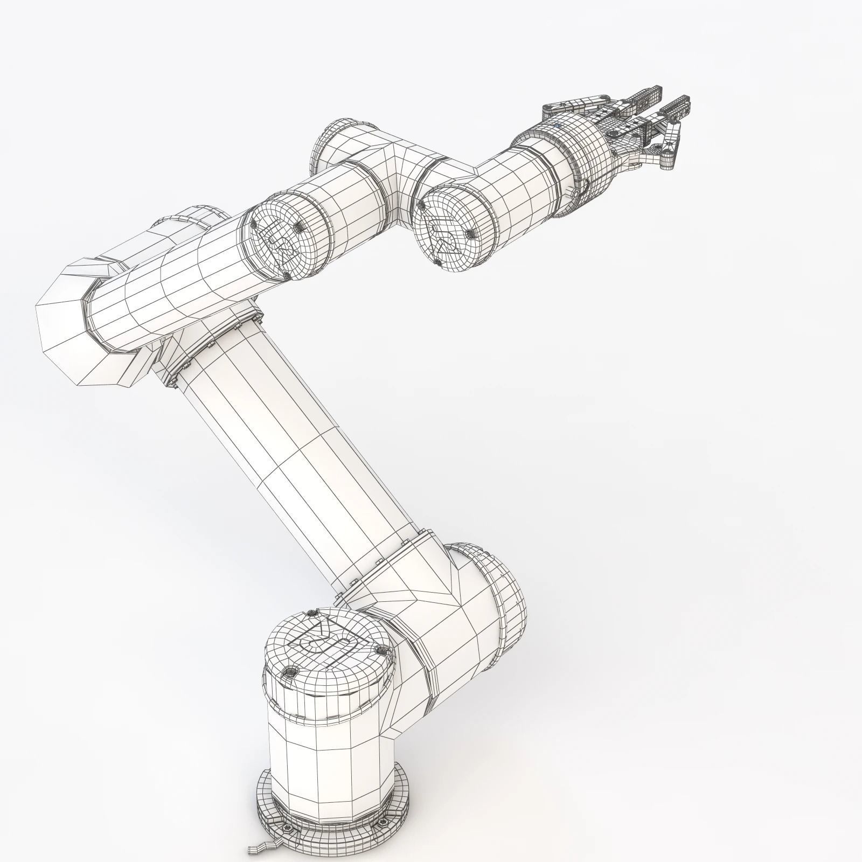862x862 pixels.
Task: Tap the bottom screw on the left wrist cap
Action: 287,276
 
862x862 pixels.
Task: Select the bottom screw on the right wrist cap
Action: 438,263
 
